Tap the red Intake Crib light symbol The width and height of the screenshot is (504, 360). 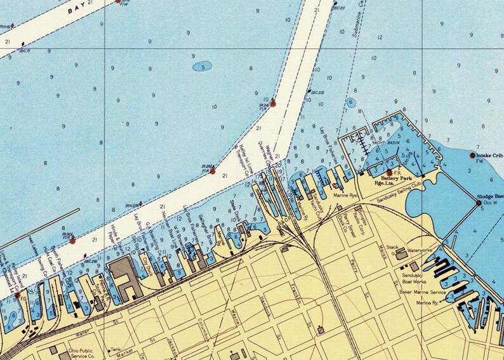click(x=472, y=155)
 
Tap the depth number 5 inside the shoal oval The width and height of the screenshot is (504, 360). click(x=202, y=66)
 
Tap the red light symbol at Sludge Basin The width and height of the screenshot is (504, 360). click(x=479, y=203)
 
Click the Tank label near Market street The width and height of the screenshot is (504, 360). click(x=115, y=349)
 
